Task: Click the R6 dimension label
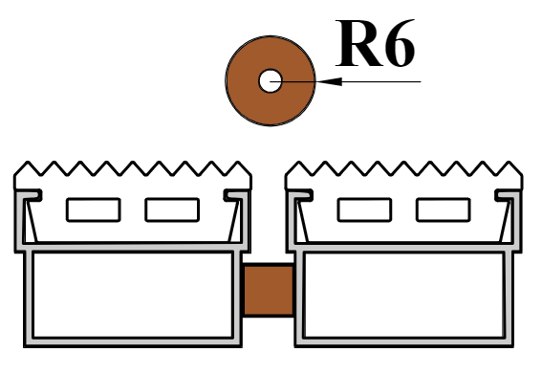375,43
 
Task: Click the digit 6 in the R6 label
401,43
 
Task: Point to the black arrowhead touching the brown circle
329,81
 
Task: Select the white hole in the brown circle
271,81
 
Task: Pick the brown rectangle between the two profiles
269,290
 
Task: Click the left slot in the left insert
94,209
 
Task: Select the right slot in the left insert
172,209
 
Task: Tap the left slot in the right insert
364,209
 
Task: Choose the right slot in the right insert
444,209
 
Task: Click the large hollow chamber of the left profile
133,295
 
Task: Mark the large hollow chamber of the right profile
403,295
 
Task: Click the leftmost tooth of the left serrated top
28,169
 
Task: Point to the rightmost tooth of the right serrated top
509,169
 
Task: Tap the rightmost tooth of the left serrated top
238,169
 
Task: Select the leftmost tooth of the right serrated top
299,169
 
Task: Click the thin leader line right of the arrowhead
381,81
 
